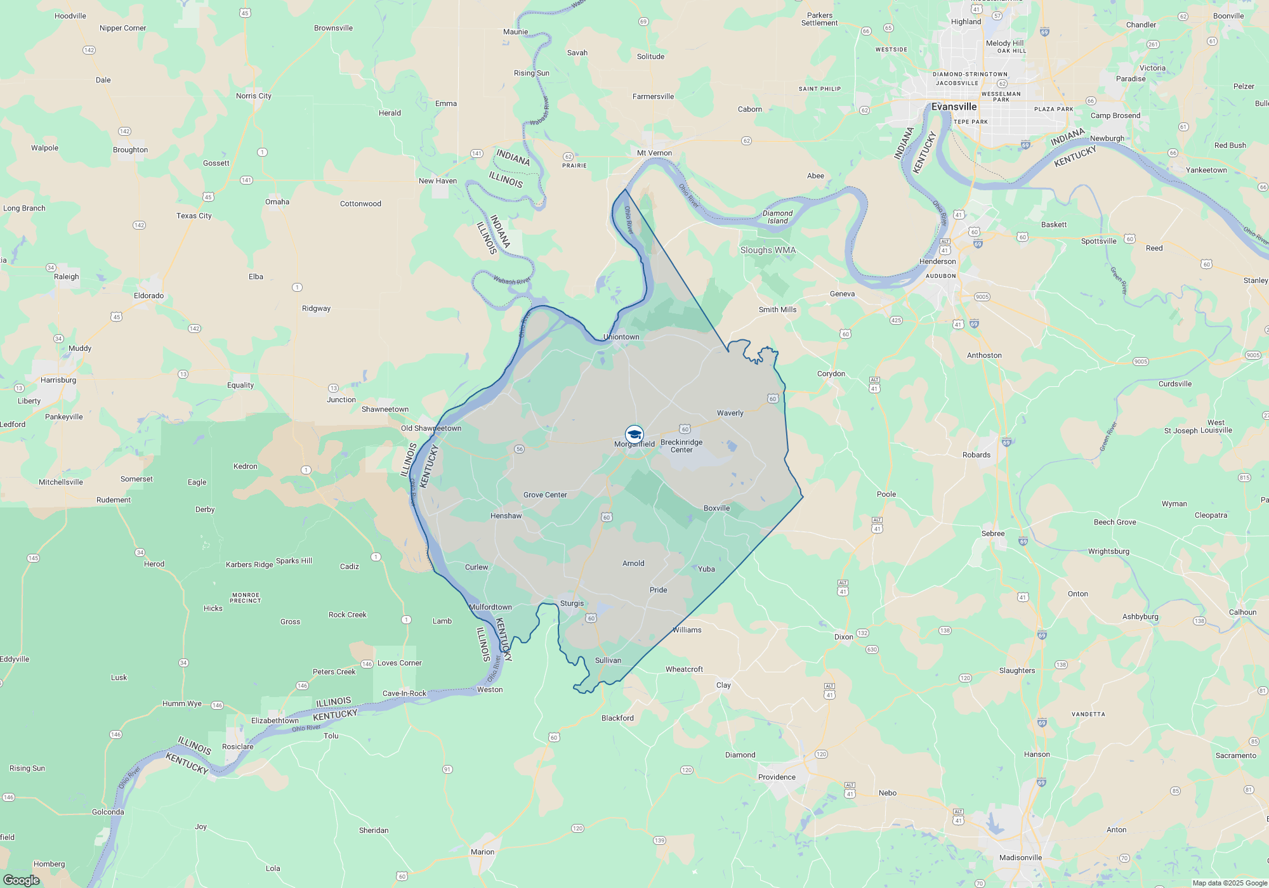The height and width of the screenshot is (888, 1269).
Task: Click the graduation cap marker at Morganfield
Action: coord(634,434)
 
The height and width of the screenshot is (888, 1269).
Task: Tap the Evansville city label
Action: coord(954,107)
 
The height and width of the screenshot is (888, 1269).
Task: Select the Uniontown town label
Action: coord(621,337)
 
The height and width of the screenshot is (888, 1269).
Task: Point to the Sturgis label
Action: coord(572,603)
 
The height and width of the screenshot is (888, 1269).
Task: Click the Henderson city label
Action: coord(937,261)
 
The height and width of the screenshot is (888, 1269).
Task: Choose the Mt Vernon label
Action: coord(654,153)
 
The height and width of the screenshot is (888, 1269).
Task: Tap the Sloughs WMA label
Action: coord(768,250)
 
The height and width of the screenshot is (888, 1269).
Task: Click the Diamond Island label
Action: coord(777,217)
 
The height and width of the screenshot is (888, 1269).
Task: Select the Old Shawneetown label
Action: coord(431,428)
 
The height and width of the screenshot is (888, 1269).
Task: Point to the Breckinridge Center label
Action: coord(681,446)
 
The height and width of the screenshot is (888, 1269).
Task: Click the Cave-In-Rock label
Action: coord(404,693)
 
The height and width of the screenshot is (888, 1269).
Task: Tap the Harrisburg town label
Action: coord(58,380)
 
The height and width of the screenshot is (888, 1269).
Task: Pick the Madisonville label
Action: coord(1020,858)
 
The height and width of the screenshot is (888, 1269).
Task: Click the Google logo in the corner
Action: coord(22,880)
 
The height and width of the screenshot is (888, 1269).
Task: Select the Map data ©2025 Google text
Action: coord(1229,883)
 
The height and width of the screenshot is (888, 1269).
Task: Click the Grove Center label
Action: coord(545,495)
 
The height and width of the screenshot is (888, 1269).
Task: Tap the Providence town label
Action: coord(777,777)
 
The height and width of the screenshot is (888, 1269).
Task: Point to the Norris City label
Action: coord(253,96)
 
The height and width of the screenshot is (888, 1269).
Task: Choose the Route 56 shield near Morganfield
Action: coord(519,449)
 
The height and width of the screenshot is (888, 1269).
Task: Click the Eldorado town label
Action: coord(148,296)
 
